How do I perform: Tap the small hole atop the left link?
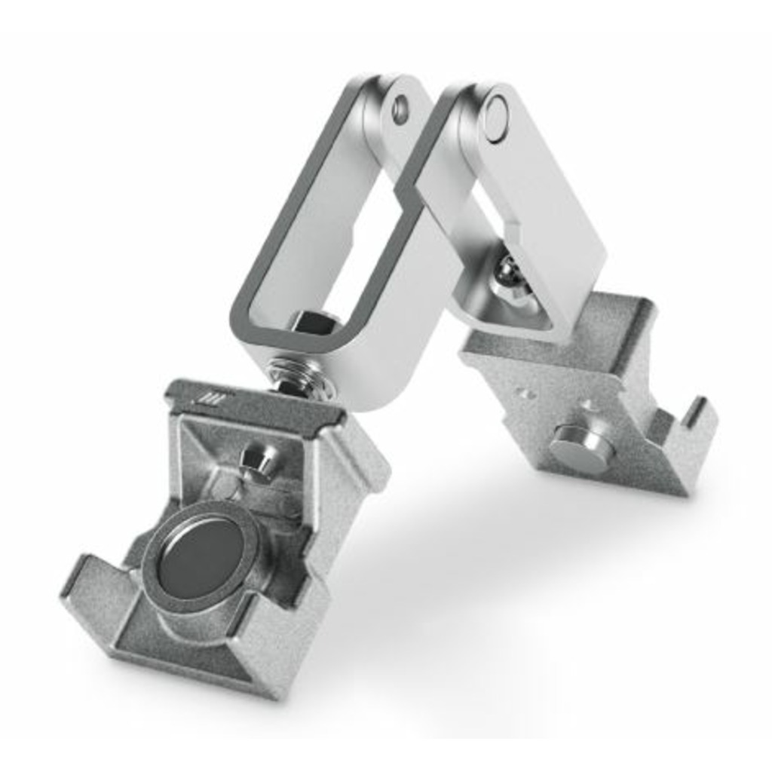tap(400, 109)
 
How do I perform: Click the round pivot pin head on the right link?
tap(495, 118)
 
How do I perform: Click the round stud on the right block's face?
tap(581, 448)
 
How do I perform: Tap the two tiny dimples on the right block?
tap(525, 394)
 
